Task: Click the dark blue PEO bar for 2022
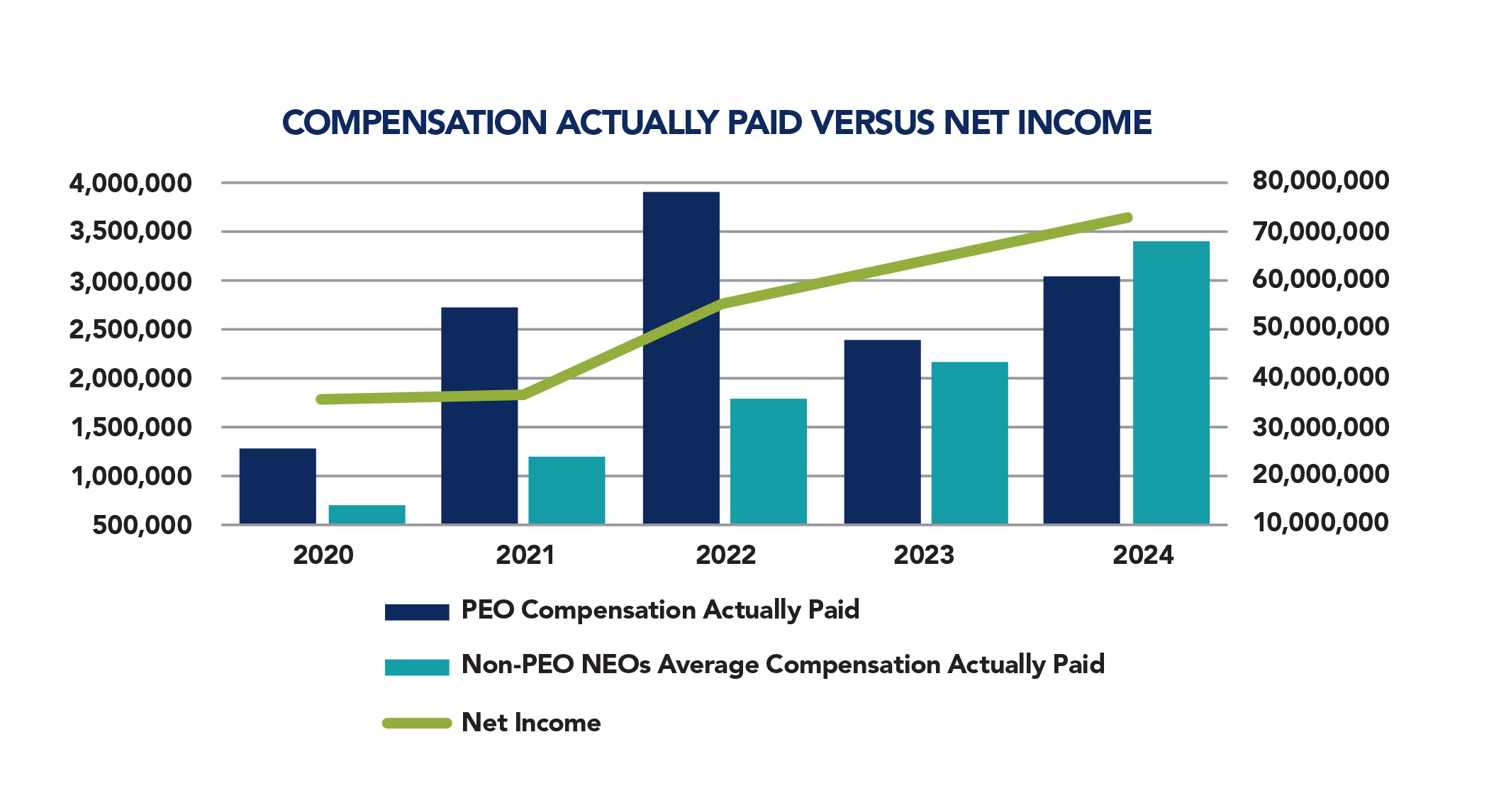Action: tap(681, 358)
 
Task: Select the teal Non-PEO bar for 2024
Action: tap(1171, 383)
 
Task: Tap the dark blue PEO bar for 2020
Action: tap(277, 486)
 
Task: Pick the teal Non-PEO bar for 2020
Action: tap(367, 514)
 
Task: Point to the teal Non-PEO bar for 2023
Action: tap(969, 443)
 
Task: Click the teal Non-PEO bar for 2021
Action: tap(567, 490)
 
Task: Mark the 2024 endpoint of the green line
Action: tap(1127, 218)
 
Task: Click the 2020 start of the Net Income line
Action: tap(321, 399)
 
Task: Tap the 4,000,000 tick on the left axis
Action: tap(130, 183)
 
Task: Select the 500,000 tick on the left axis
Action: tap(142, 525)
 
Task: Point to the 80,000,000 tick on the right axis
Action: tap(1320, 180)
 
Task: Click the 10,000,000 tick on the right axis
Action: tap(1320, 522)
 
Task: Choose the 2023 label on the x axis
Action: tap(923, 555)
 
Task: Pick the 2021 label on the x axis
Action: tap(525, 555)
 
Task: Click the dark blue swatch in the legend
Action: tap(417, 611)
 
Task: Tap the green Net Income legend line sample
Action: tap(417, 723)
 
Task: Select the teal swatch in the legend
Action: tap(417, 667)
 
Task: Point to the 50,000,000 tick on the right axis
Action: tap(1320, 327)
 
